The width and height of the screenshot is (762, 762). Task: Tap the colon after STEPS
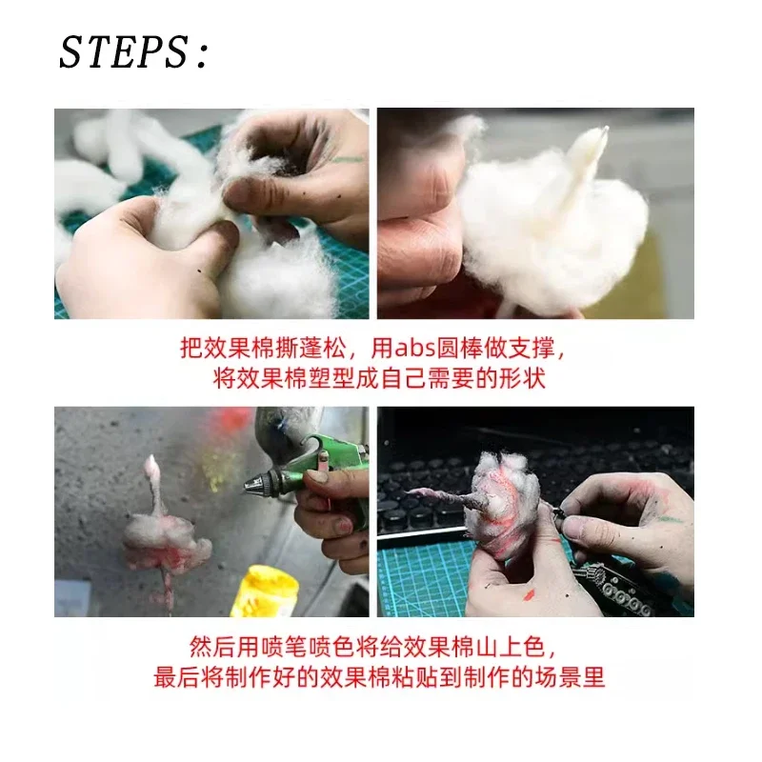click(201, 57)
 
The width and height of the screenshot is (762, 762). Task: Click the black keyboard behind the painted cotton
click(429, 476)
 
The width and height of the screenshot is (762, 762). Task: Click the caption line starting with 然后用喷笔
click(378, 647)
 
